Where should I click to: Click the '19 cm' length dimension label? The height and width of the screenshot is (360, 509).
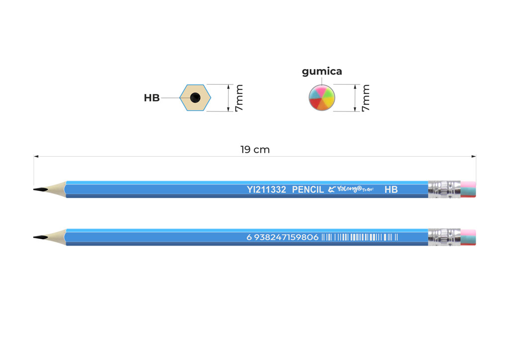pyautogui.click(x=254, y=150)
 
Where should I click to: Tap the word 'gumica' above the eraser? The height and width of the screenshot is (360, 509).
pyautogui.click(x=322, y=72)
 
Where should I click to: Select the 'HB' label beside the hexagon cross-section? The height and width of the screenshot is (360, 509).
pyautogui.click(x=152, y=98)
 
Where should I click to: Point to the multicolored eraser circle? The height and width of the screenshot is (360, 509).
pyautogui.click(x=322, y=98)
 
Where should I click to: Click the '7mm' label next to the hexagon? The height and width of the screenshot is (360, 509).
pyautogui.click(x=239, y=98)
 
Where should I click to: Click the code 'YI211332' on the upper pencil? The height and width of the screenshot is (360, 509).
pyautogui.click(x=266, y=189)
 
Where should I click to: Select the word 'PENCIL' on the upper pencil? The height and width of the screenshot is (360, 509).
pyautogui.click(x=308, y=189)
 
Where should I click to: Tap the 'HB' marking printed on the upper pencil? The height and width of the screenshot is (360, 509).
pyautogui.click(x=391, y=189)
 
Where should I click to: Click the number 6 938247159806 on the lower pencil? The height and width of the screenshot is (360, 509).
pyautogui.click(x=282, y=237)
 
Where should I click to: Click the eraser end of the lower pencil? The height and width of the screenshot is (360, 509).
pyautogui.click(x=468, y=237)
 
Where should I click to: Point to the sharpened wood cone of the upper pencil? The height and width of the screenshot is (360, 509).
pyautogui.click(x=56, y=189)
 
